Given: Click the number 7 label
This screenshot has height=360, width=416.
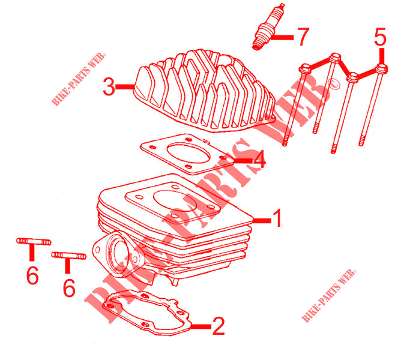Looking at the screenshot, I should click(x=302, y=37).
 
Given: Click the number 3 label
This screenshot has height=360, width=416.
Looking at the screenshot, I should click(x=109, y=87).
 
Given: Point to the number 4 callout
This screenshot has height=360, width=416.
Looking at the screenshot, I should click(x=258, y=161).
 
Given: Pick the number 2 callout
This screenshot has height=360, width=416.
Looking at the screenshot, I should click(x=218, y=326).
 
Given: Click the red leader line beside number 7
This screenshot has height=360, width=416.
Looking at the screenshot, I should click(x=283, y=37).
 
